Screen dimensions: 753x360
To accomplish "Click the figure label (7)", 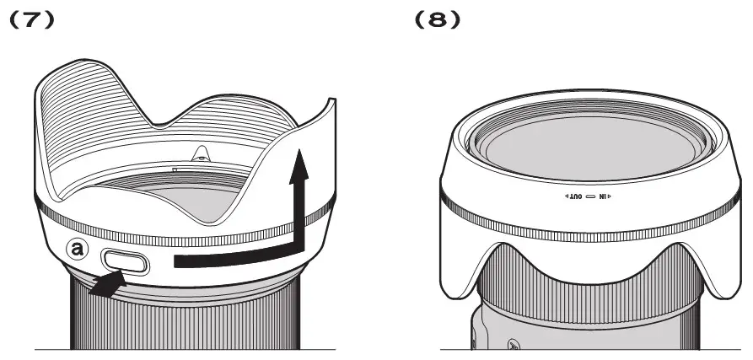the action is pos(33,19).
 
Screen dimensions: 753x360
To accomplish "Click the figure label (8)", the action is pos(438,19).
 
